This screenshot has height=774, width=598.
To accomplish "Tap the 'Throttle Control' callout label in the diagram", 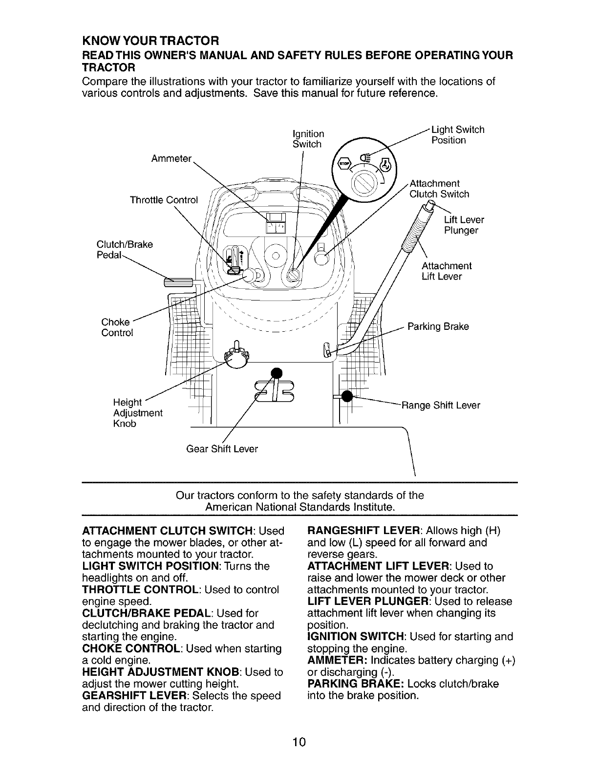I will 164,200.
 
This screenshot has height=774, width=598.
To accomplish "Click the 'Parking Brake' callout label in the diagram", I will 438,326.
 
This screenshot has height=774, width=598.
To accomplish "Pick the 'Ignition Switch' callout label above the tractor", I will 307,139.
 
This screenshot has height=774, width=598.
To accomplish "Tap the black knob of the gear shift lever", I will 277,373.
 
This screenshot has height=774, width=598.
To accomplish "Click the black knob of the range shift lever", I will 347,396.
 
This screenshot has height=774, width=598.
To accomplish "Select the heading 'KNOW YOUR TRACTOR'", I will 149,39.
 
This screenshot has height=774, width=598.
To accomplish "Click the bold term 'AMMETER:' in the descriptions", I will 338,660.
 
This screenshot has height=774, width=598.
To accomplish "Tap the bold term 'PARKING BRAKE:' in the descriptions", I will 347,684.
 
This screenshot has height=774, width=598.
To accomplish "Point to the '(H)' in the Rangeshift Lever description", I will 492,531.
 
